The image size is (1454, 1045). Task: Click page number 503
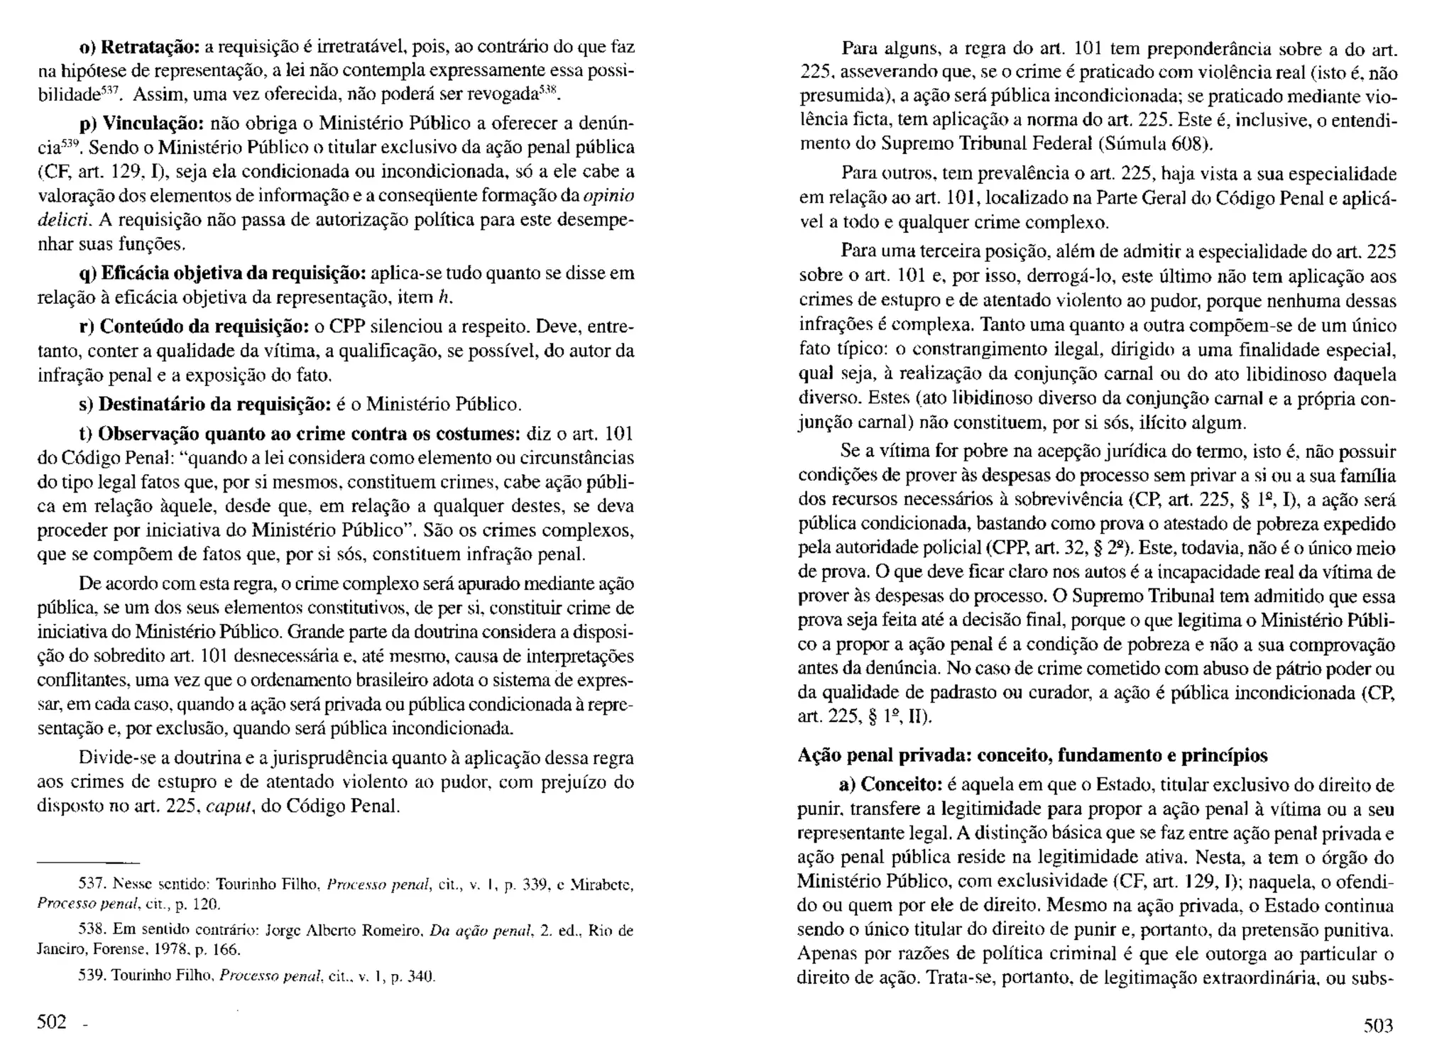tap(1378, 1025)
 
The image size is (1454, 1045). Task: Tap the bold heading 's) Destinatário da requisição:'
tap(204, 405)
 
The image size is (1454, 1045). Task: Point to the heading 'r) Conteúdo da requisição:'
tap(193, 327)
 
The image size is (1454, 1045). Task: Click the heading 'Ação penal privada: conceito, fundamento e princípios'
tap(1033, 755)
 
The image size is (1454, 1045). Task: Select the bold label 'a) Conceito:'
tap(890, 784)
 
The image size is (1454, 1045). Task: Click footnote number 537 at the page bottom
tap(91, 885)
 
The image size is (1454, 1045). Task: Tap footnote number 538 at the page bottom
tap(91, 930)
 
